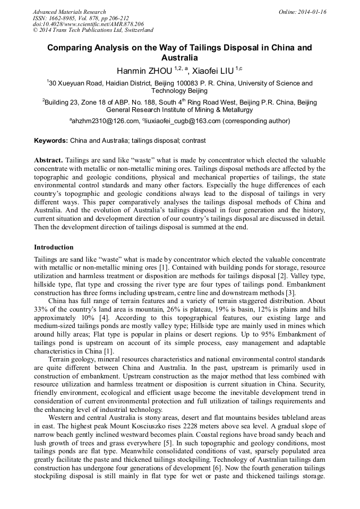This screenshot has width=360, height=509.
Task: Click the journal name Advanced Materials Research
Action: click(69, 12)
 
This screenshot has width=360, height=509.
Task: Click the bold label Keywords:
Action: click(51, 141)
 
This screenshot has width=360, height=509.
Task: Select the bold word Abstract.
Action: click(48, 160)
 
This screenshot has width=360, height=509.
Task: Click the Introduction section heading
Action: click(54, 247)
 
